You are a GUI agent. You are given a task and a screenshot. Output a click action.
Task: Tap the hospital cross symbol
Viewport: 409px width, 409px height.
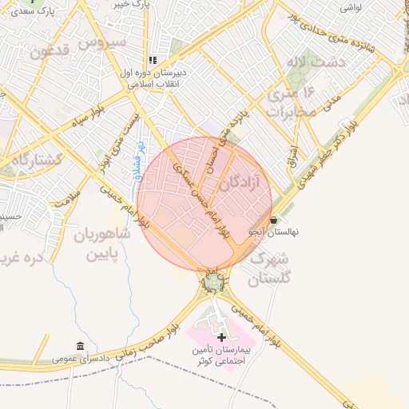click(221, 338)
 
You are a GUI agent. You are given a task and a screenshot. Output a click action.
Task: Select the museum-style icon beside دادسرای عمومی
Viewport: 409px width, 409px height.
click(80, 346)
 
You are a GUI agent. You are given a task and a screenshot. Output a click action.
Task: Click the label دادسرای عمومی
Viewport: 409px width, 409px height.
click(80, 359)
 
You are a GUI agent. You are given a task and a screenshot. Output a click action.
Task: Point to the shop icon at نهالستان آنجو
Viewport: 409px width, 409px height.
click(274, 220)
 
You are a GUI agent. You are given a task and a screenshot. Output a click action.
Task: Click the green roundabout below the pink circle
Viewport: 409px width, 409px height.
click(213, 282)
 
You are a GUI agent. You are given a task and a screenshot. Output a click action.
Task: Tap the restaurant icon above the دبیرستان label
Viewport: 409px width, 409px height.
click(153, 60)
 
